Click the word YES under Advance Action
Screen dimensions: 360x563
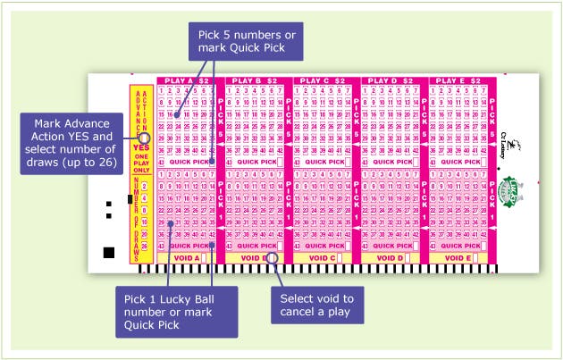[139, 147]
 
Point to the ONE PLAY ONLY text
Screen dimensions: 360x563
[140, 165]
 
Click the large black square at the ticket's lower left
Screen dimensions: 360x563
[109, 250]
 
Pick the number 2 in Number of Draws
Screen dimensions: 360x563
[145, 186]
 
